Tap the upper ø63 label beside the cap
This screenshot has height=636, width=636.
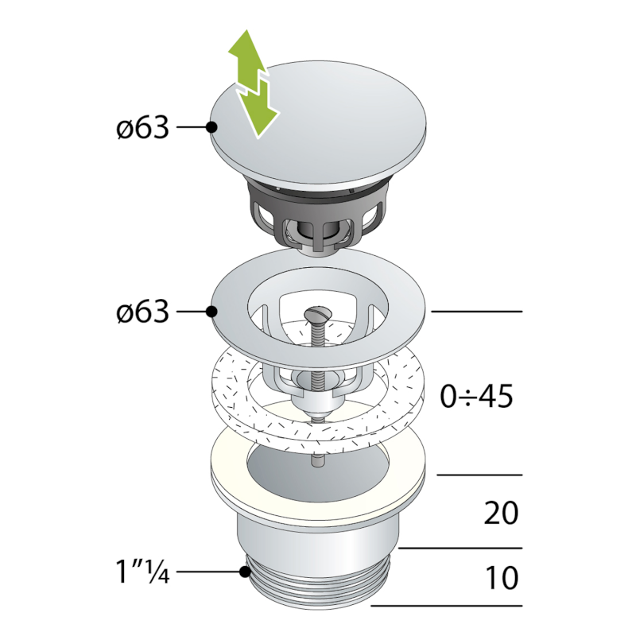(x=142, y=127)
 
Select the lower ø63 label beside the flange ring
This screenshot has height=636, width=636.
(x=142, y=311)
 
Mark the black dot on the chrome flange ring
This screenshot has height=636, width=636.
(x=211, y=311)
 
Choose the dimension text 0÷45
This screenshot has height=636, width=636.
(x=478, y=394)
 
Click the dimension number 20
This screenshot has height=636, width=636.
(x=501, y=513)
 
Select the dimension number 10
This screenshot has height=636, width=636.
(x=501, y=577)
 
